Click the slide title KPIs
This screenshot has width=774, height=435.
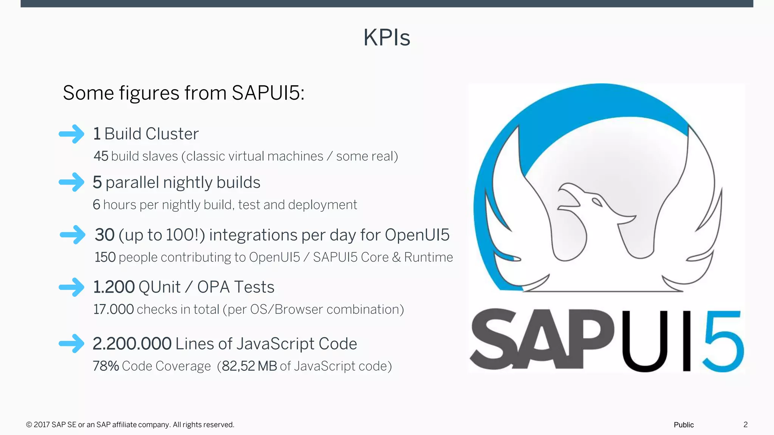387,38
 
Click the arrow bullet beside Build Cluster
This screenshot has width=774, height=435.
72,134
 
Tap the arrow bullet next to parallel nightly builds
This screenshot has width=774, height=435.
72,182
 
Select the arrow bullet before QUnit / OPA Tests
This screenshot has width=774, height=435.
72,287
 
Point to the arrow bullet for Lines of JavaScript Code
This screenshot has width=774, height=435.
72,344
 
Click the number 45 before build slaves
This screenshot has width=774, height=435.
101,156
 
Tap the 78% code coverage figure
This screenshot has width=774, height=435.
106,366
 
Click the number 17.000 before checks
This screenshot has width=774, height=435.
113,310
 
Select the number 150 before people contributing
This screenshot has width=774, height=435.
105,258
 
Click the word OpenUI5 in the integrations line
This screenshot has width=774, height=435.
417,235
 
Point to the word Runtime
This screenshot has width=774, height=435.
428,258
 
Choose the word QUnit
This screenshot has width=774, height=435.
159,287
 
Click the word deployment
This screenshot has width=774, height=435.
322,205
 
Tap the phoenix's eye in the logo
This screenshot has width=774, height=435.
597,202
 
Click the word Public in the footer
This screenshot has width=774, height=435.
684,425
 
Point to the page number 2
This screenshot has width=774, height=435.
745,425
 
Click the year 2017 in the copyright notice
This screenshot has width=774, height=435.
42,425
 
